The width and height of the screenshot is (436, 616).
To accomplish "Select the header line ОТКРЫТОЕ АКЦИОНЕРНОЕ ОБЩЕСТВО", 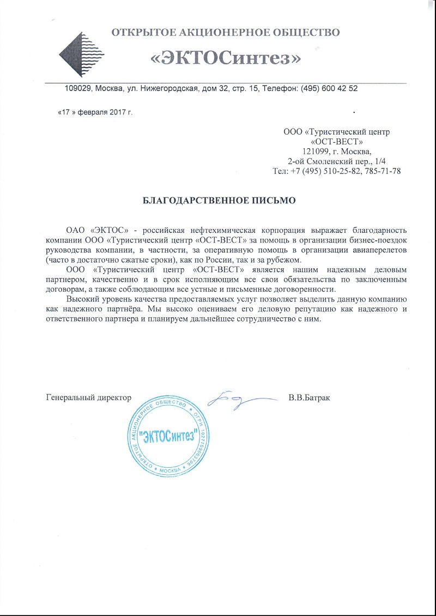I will point(226,32).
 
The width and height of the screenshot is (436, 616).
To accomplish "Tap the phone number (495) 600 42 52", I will point(326,88).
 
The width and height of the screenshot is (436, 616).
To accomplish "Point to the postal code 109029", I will point(77,88).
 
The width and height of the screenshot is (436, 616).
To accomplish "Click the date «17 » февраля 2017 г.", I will point(95,112).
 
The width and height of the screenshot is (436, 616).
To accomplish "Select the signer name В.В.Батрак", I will point(309,398).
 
